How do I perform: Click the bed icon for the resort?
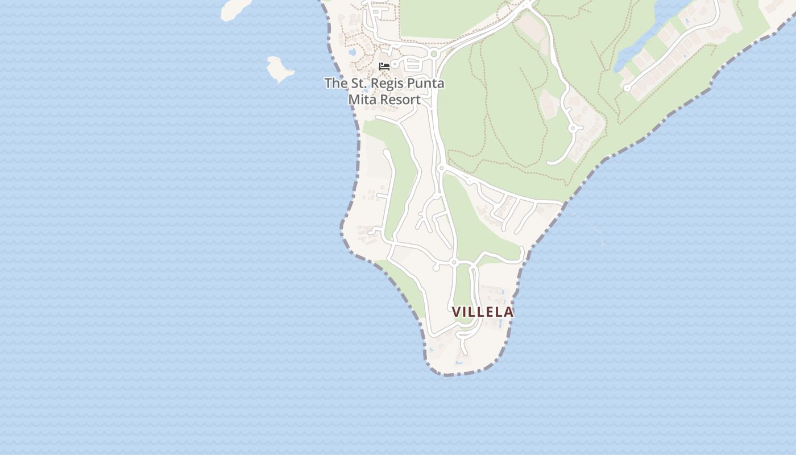click(x=384, y=67)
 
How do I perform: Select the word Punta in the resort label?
click(x=425, y=84)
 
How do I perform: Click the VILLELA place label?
click(x=483, y=312)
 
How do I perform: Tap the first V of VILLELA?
click(x=457, y=312)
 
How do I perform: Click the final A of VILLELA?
click(x=509, y=312)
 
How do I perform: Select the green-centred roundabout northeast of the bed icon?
click(x=434, y=54)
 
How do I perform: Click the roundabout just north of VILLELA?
click(x=454, y=262)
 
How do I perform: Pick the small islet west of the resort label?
click(x=280, y=69)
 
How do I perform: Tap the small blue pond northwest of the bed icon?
click(x=353, y=52)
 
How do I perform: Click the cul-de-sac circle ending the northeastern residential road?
click(x=627, y=88)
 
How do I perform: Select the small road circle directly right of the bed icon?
click(x=394, y=65)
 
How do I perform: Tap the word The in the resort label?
click(x=335, y=84)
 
